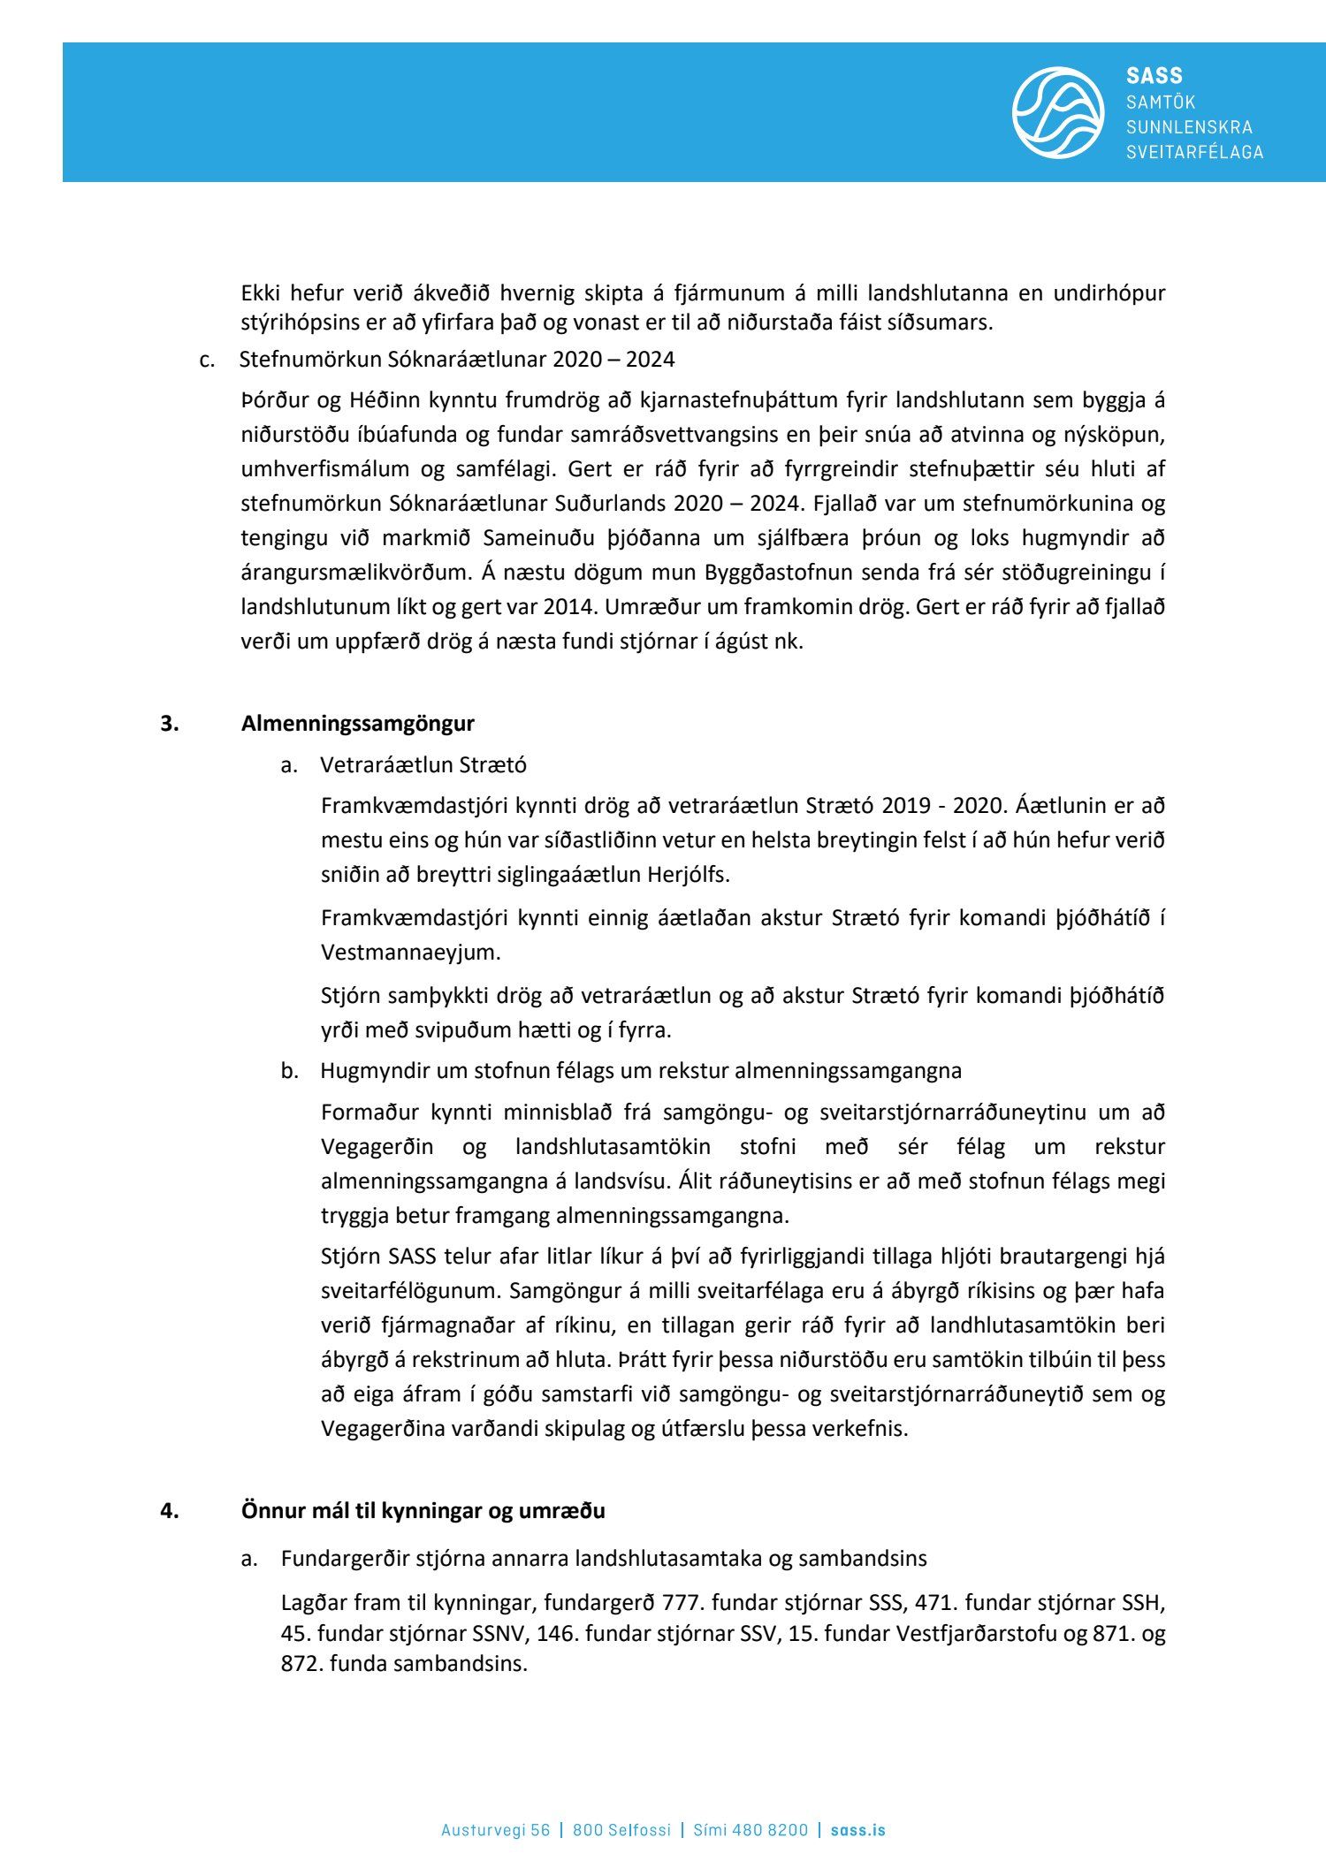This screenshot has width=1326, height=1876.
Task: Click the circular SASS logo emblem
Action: coord(1057,112)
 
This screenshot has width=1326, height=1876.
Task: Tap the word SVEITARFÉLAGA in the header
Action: coord(1194,152)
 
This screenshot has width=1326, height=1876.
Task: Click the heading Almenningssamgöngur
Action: coord(357,723)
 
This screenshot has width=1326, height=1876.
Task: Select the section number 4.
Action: coord(169,1510)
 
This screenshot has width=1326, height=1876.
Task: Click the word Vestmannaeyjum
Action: coord(410,952)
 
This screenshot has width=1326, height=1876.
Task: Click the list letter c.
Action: coord(207,359)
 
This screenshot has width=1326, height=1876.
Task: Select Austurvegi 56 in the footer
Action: coord(495,1829)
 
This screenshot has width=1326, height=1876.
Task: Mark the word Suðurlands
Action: coord(611,503)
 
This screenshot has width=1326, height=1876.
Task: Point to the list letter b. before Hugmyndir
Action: coord(290,1070)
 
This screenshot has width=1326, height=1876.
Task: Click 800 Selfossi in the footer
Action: coord(621,1829)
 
